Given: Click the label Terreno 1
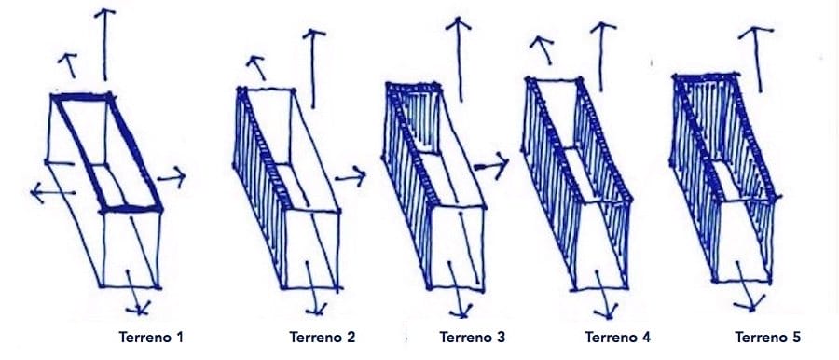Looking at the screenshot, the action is [151, 338].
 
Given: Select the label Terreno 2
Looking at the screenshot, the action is [323, 338].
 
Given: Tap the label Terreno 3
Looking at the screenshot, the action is [473, 338].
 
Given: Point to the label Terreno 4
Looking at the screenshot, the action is [618, 338].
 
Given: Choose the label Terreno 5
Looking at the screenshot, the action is [768, 338].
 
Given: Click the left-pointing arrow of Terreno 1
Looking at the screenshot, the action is [52, 192].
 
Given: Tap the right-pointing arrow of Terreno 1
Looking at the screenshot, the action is [172, 177].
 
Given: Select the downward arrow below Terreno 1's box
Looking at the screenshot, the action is [136, 292].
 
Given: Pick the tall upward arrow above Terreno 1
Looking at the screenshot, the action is [104, 45].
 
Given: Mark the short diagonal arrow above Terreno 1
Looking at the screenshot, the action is [68, 65].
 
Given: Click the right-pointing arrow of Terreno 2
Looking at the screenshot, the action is [351, 176].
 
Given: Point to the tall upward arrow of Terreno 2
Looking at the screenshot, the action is [313, 69].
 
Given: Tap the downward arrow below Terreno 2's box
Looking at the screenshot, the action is [314, 288].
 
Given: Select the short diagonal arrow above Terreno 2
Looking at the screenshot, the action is [257, 67].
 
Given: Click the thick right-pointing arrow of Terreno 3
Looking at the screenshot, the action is [491, 165].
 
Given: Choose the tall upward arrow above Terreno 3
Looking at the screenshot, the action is [459, 59].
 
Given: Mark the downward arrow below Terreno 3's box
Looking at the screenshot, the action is [458, 290].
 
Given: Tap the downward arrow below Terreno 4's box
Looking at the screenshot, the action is [603, 292].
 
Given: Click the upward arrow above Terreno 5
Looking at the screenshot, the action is [756, 60].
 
